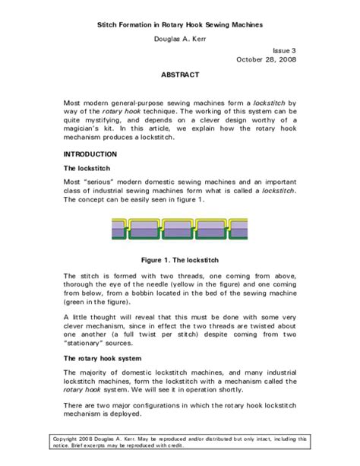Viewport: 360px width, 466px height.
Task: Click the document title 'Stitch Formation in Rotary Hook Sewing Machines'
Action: (180, 26)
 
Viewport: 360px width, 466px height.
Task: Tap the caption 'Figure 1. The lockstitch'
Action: (180, 258)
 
